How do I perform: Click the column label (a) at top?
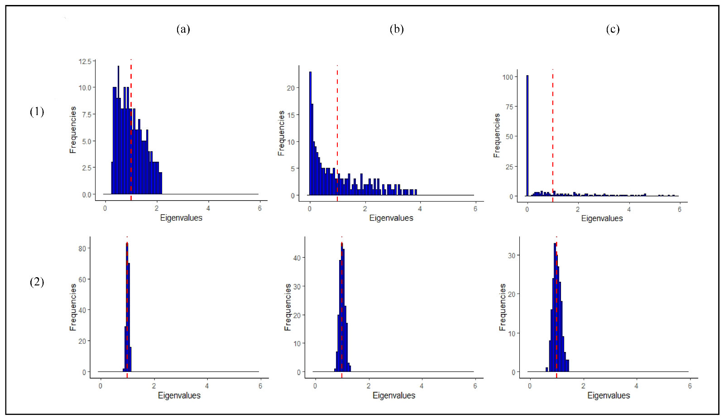tap(183, 29)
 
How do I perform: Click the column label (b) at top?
tap(396, 29)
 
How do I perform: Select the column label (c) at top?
tap(612, 29)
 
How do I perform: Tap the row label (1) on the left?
tap(37, 111)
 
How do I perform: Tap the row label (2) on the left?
tap(37, 282)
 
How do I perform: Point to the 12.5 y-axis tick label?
tap(85, 61)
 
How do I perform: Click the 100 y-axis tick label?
tap(508, 77)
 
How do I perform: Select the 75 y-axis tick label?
tap(509, 107)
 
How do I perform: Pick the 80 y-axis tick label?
tap(82, 248)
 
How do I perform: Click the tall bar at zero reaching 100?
tap(527, 136)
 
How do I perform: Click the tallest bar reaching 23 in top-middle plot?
tap(310, 131)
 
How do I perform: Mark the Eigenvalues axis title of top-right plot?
tap(602, 218)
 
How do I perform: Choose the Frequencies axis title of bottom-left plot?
tap(73, 307)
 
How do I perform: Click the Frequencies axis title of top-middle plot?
tap(281, 133)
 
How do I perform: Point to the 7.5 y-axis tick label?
tap(86, 114)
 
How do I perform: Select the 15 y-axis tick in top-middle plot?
tap(291, 115)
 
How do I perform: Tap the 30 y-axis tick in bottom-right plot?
tap(511, 255)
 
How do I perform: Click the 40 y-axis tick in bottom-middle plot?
tap(297, 258)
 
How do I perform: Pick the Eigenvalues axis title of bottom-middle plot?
tap(393, 395)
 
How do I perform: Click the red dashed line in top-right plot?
tap(552, 136)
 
